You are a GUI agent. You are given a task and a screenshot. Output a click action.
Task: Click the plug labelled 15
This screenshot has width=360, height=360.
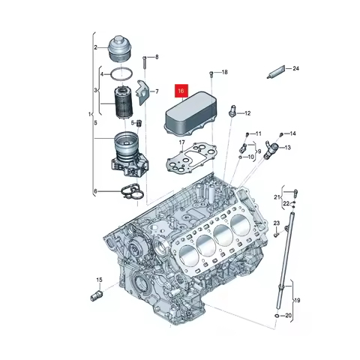point(96,292)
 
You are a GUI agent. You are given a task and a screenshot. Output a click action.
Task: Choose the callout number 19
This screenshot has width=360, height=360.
point(298,300)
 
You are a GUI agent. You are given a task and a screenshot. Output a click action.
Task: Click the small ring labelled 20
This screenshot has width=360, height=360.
point(278,316)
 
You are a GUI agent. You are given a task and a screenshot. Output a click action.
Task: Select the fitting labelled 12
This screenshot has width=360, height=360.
point(234,112)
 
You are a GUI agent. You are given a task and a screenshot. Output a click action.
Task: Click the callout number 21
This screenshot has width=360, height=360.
point(275,196)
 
